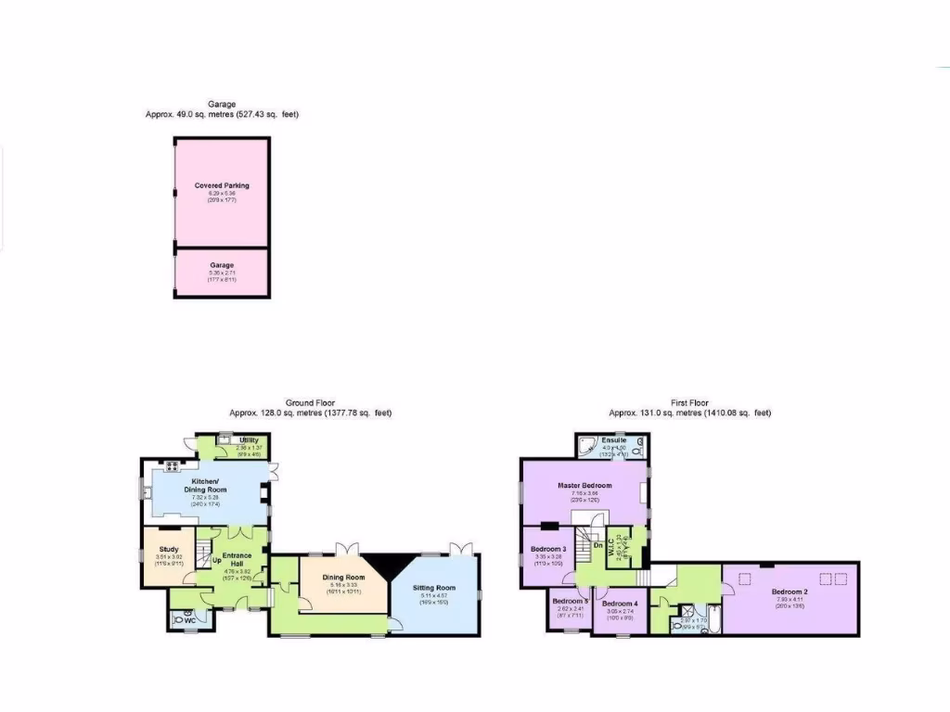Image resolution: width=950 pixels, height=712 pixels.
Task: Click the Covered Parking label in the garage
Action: coord(222,185)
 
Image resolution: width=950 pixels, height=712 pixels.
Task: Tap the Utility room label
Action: coord(248,440)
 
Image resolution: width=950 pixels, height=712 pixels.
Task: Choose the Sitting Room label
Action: coord(434,588)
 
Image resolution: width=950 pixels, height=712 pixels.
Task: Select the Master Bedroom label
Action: coord(584,485)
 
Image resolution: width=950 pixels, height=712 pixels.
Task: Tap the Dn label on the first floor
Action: coord(598,545)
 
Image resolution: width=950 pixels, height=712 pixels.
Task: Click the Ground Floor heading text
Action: coord(310,403)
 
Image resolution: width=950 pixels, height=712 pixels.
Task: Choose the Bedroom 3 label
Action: coord(548,549)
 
